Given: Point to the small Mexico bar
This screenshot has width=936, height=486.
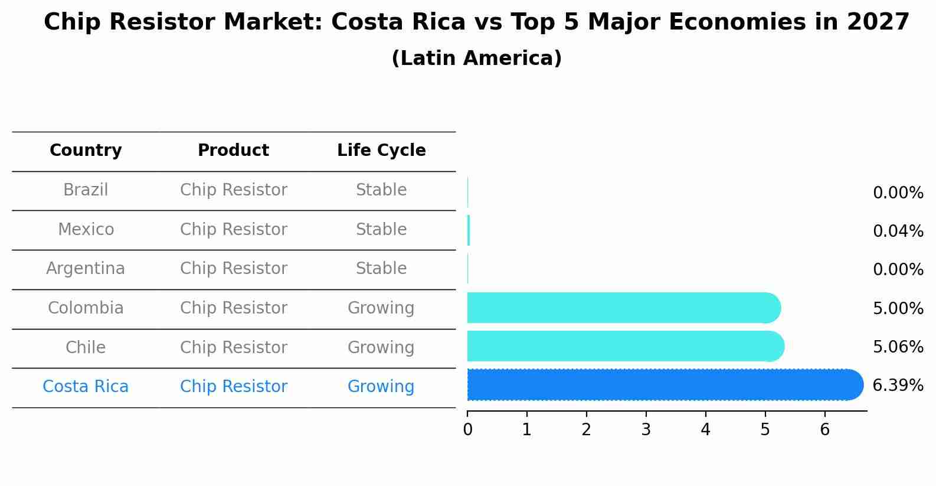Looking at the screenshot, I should pos(469,230).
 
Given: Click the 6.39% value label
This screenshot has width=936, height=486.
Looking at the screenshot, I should pos(898,386).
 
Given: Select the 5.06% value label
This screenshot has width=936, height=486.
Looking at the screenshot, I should pos(898,347).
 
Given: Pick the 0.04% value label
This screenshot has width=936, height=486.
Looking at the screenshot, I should pos(898,231).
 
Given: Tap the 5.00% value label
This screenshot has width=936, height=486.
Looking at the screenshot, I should pos(898,308).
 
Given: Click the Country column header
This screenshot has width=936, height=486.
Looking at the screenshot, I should pos(86,151).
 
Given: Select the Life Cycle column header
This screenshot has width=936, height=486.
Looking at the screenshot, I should pos(381,151).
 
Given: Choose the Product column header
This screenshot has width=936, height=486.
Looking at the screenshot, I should pos(233,151).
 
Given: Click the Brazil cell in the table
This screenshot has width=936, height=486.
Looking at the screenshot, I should pos(86,190).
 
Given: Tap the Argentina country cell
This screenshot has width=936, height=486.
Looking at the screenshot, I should pos(86,269).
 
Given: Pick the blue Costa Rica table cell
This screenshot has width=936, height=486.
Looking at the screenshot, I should pos(86,387).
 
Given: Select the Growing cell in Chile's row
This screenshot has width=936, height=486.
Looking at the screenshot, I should pos(381,347).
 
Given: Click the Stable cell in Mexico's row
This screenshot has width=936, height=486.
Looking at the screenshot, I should pos(381,229).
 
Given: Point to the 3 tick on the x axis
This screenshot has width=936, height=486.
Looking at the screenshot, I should pos(646,429).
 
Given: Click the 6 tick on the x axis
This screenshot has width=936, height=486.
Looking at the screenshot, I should pos(824,429).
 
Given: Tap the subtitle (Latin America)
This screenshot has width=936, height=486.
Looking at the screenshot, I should pos(476,58).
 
